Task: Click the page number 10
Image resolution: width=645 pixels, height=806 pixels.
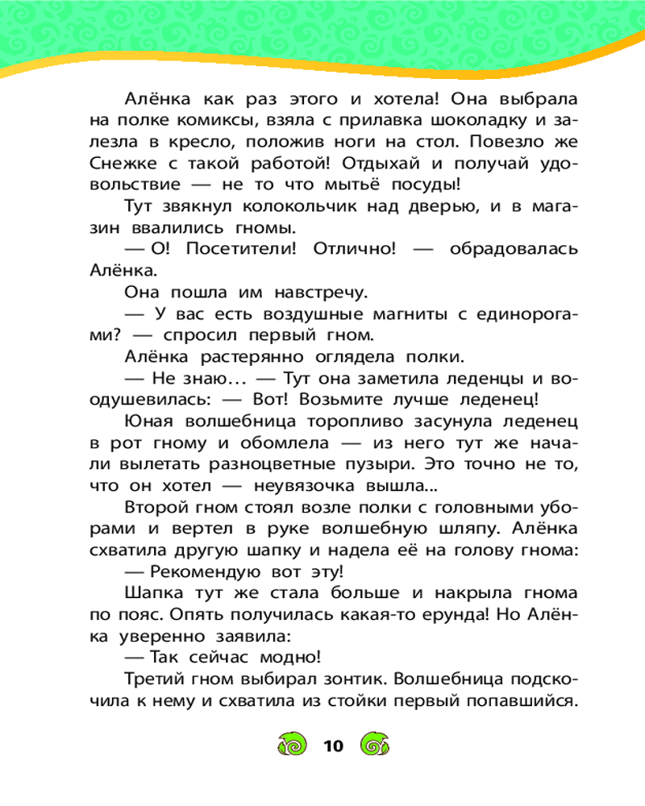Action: point(332,746)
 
